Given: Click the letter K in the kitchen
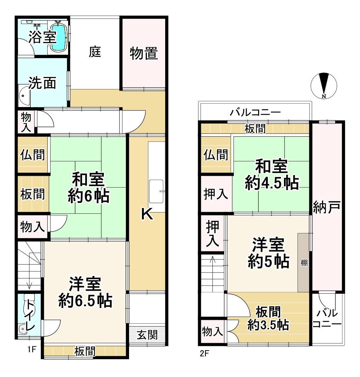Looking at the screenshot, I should [148, 215].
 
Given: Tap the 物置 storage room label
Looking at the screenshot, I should [144, 53].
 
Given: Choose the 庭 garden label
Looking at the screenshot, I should [95, 51].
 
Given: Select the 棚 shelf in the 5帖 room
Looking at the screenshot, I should [304, 263].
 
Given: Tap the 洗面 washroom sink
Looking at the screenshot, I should [24, 95].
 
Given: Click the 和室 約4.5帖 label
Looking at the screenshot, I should [272, 175].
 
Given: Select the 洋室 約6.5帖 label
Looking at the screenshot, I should [85, 292].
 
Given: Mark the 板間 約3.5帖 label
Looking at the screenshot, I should [268, 318].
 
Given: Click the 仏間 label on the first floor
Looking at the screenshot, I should [33, 155].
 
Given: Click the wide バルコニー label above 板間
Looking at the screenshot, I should [256, 112].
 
